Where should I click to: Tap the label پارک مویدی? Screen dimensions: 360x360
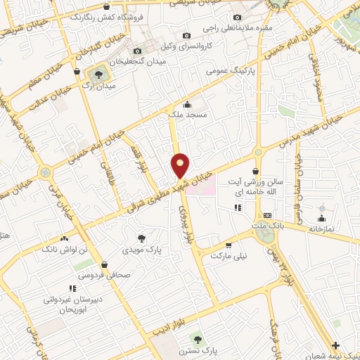(x=141, y=250)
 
